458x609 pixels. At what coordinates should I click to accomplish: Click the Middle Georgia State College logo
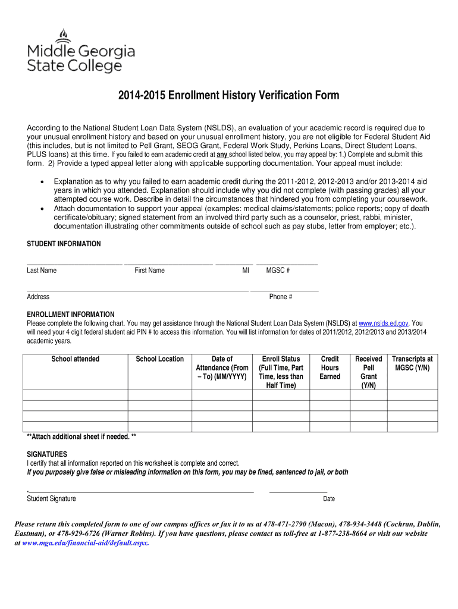point(81,52)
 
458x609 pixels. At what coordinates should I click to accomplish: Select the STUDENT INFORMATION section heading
point(64,244)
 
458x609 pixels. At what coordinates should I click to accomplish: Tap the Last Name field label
point(42,271)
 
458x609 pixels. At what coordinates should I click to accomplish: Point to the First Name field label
point(149,271)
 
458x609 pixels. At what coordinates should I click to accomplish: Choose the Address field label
point(38,297)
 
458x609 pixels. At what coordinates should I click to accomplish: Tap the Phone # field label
point(281,297)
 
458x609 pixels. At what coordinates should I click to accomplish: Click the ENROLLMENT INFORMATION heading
point(71,314)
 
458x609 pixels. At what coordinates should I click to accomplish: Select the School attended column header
point(76,359)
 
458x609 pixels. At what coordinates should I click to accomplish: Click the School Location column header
point(160,359)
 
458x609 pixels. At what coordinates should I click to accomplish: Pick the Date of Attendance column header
point(222,368)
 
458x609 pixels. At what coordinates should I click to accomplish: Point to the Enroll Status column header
point(281,372)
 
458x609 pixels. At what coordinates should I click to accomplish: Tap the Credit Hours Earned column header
point(330,368)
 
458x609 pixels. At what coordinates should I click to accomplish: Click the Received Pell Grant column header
point(369,372)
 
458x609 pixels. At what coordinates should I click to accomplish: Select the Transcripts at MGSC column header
point(412,363)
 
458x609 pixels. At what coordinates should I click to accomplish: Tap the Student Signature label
point(51,498)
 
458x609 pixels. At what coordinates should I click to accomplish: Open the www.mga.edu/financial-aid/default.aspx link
point(85,543)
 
